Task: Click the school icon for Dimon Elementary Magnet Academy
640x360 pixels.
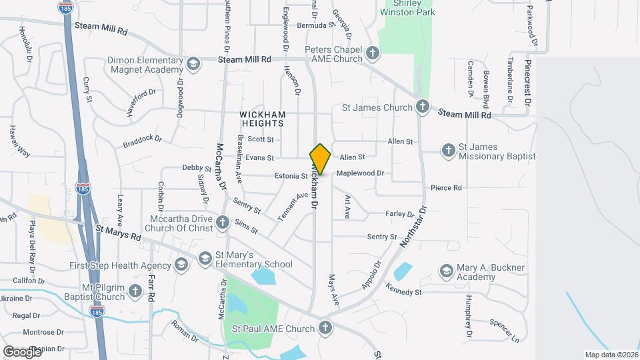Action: [193, 64]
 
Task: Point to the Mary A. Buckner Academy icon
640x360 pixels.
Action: [446, 271]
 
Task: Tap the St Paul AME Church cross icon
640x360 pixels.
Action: [325, 328]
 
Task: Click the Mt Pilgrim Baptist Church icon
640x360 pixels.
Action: [135, 291]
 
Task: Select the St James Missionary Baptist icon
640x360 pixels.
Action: [448, 151]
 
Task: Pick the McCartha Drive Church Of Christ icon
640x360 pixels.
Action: [223, 223]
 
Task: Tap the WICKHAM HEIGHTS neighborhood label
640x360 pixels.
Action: [262, 119]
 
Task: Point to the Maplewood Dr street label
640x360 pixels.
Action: [360, 173]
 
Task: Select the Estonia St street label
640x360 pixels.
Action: [291, 177]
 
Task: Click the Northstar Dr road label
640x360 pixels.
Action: [413, 227]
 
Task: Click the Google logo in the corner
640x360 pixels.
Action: [22, 351]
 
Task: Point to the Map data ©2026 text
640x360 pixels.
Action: [611, 355]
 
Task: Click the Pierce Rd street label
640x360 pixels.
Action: [446, 188]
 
